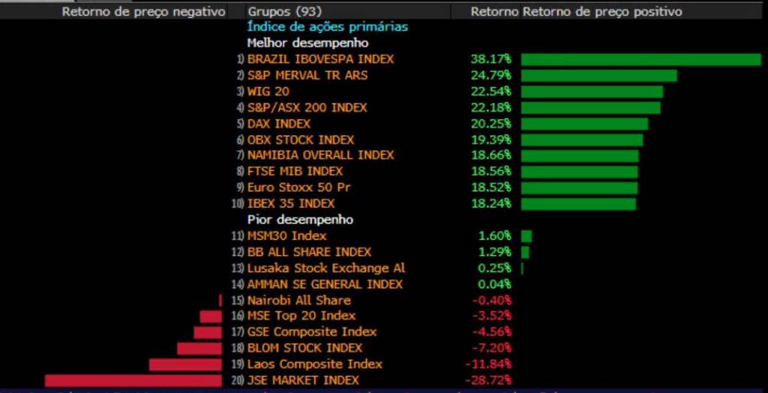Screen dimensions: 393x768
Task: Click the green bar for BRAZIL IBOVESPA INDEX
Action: coord(640,59)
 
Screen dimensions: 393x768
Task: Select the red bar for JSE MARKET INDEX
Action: coord(133,380)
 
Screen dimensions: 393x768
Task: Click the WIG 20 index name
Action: coord(268,91)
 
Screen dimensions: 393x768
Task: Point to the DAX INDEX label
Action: coord(278,124)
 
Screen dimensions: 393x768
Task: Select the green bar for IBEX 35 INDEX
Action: coord(578,204)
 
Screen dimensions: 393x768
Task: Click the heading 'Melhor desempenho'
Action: coord(307,43)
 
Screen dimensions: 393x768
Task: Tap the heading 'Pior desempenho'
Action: coord(300,220)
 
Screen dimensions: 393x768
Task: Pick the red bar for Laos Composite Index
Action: coord(185,364)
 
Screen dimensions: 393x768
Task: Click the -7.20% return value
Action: coord(493,348)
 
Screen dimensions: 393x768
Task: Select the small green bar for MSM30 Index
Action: coord(526,236)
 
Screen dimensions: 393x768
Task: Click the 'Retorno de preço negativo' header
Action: coord(143,12)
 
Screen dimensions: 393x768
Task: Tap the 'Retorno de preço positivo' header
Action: coord(602,12)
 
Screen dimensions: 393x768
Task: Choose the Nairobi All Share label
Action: coord(298,300)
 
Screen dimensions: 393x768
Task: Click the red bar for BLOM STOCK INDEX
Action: coord(199,348)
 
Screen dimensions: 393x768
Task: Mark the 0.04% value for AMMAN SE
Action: coord(495,284)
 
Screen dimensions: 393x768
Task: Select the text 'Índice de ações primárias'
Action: coord(327,27)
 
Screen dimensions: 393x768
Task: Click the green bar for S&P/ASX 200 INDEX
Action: coord(590,108)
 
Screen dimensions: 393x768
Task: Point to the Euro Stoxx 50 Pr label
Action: coord(298,187)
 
